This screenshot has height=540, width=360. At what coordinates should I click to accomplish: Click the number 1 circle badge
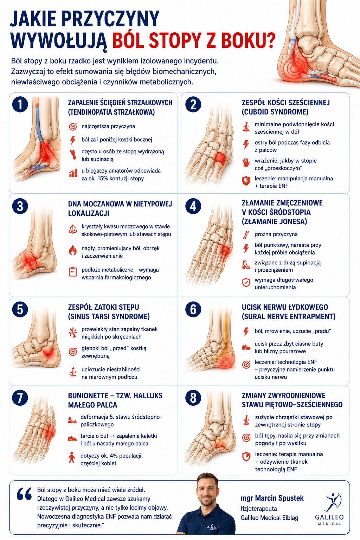click(x=20, y=105)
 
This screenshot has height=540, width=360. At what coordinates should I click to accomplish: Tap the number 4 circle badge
click(x=193, y=206)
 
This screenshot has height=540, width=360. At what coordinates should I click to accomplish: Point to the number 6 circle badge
click(x=193, y=309)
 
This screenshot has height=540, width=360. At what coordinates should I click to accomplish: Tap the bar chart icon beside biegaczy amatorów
click(x=73, y=173)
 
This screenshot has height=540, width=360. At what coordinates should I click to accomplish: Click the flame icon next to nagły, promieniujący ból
click(x=72, y=250)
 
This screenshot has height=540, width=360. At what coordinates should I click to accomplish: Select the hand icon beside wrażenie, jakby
click(x=246, y=162)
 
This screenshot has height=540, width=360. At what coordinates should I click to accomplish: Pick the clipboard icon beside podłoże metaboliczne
click(x=72, y=272)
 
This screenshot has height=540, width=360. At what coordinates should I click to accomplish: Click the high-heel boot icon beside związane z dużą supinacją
click(x=246, y=265)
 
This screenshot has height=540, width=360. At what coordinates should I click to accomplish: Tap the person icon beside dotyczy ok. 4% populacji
click(x=72, y=457)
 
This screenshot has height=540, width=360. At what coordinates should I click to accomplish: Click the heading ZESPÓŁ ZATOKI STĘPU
click(x=104, y=307)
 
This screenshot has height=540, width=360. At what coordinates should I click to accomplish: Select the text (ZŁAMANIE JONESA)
click(x=275, y=221)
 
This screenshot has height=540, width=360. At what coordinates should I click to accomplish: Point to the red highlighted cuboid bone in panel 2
click(x=220, y=158)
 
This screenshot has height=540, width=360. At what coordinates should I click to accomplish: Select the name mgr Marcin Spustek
click(x=272, y=498)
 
